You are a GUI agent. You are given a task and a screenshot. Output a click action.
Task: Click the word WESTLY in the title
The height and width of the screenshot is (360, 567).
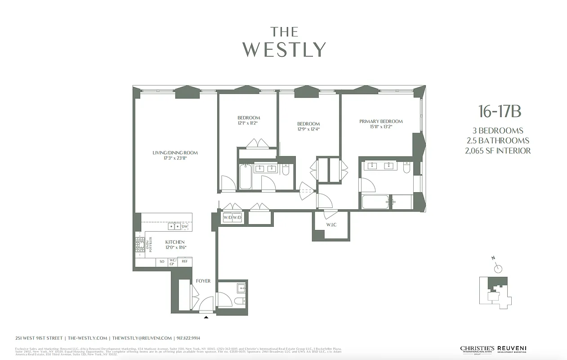coord(284,49)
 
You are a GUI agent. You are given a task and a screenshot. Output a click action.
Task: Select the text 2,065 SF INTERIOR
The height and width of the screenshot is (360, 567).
coord(498,151)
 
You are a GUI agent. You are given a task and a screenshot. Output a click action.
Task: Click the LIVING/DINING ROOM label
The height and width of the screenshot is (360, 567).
coord(175,153)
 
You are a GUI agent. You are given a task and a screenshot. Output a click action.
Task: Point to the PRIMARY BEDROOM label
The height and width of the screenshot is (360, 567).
coord(381,121)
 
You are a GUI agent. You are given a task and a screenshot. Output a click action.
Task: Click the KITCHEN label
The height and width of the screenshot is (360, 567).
coord(175,242)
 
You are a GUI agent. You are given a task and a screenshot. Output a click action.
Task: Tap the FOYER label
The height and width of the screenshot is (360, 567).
coord(203,281)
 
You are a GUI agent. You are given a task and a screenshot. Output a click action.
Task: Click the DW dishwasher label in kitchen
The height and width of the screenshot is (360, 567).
coord(184,226)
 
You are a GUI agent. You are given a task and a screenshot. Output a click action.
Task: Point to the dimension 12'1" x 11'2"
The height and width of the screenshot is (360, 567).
coord(249,123)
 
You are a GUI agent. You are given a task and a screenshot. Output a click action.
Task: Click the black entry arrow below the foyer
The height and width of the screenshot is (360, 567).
coord(206,317)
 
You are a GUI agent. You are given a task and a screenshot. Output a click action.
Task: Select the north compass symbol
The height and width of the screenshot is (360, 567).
coord(498,269)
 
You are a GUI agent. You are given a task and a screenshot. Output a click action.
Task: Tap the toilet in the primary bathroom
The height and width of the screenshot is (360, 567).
coord(406,168)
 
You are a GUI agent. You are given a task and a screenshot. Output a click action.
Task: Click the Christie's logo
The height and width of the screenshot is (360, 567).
coord(477,349)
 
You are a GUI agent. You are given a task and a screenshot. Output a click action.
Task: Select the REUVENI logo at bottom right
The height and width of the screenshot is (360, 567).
coord(512,349)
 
